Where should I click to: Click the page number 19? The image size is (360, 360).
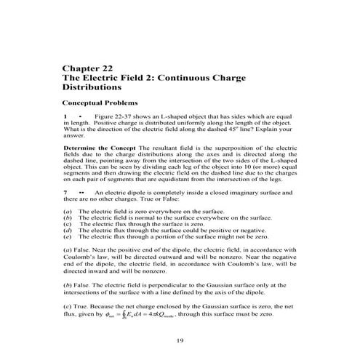180,340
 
